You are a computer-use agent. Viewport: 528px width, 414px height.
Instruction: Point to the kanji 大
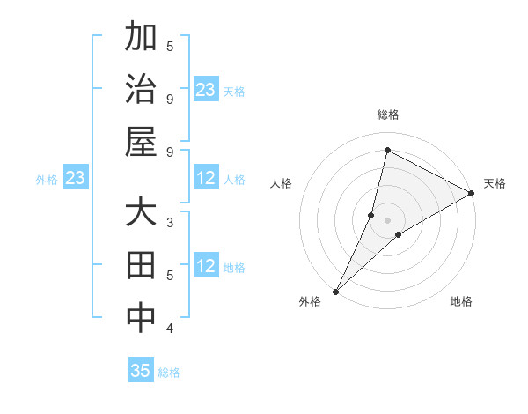coord(141,216)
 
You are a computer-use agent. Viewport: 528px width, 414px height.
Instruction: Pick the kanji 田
coord(141,266)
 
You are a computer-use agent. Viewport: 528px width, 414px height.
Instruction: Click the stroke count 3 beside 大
coord(170,222)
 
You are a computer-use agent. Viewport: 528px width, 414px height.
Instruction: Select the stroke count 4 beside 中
coord(170,329)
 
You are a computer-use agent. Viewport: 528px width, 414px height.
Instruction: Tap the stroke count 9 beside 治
coord(170,99)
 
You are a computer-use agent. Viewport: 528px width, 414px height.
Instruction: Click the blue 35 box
coord(141,371)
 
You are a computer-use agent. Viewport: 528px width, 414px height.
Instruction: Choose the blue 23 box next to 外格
coord(75,179)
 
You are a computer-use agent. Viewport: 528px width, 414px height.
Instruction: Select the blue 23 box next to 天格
coord(206,89)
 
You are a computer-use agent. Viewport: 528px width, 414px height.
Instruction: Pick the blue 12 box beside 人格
coord(206,179)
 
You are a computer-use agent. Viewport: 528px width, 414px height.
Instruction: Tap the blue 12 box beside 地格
coord(206,266)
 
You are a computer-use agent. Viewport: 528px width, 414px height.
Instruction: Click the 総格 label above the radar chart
coord(388,115)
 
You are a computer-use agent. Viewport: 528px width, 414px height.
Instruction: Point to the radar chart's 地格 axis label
coord(461,302)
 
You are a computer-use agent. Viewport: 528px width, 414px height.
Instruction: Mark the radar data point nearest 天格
coord(472,193)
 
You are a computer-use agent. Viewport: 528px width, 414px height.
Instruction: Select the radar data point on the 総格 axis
coord(387,150)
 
